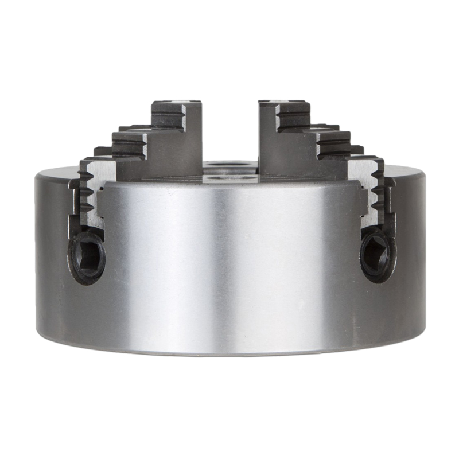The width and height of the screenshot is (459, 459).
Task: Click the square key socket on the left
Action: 88,255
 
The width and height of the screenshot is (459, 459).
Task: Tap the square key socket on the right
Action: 376,253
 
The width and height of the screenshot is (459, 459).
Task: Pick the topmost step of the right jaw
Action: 284,112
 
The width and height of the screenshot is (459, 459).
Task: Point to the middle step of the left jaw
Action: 131,143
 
